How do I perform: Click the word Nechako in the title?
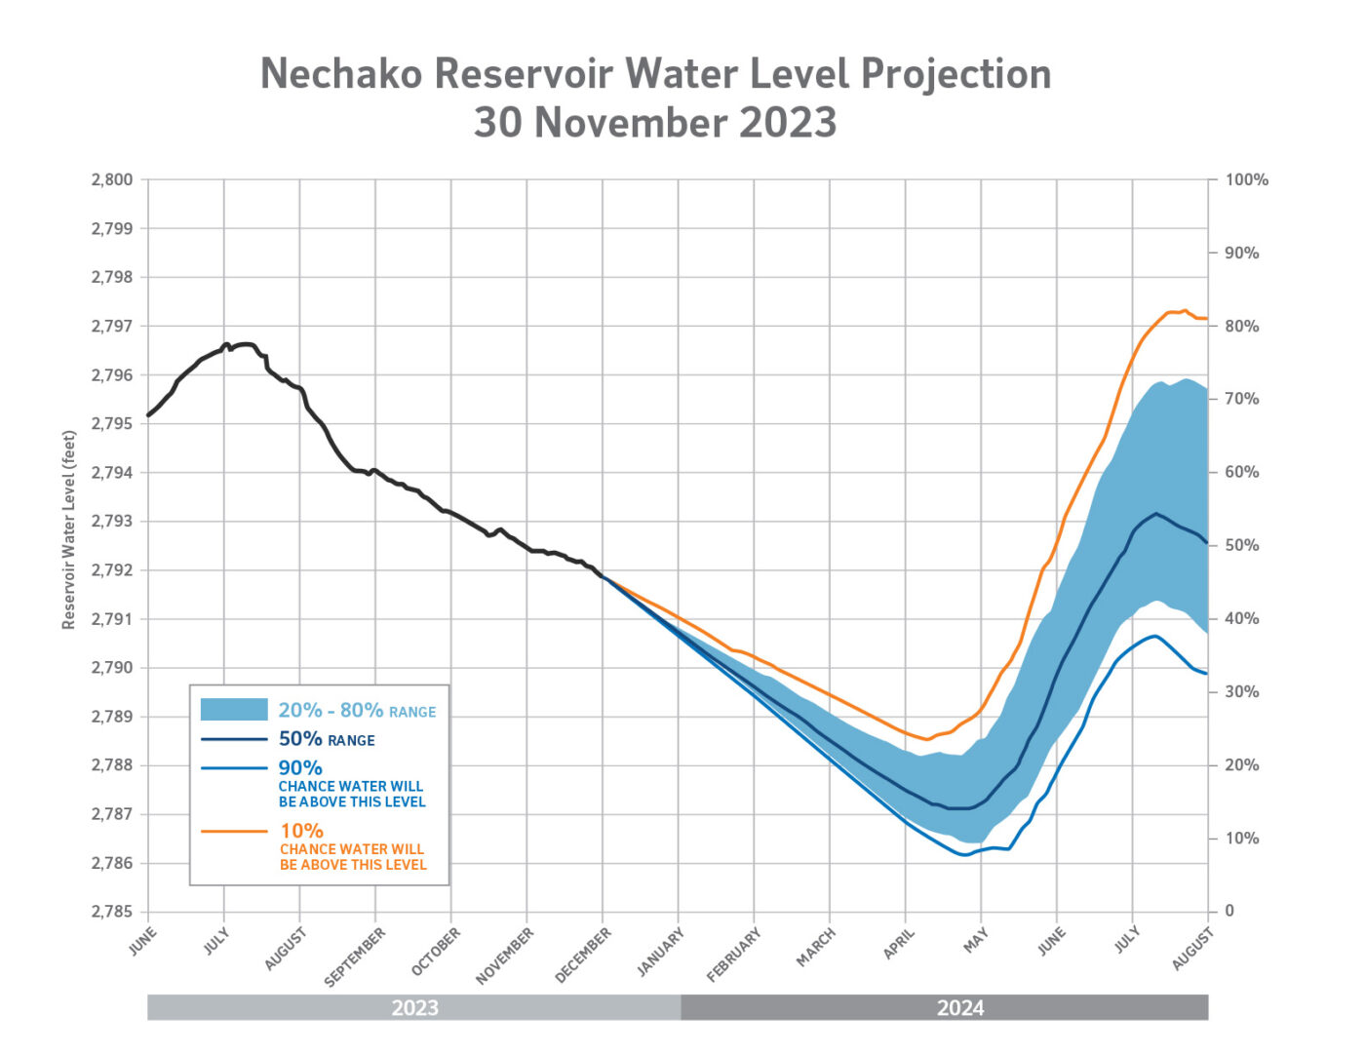pyautogui.click(x=340, y=74)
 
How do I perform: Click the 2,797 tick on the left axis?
pyautogui.click(x=112, y=326)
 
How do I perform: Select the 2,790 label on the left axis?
pyautogui.click(x=112, y=668)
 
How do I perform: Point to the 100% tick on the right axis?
pyautogui.click(x=1246, y=180)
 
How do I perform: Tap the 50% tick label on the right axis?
pyautogui.click(x=1241, y=546)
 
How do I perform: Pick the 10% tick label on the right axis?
pyautogui.click(x=1241, y=839)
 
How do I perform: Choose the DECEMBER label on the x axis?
pyautogui.click(x=583, y=955)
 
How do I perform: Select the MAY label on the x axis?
pyautogui.click(x=976, y=941)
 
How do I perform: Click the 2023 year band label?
pyautogui.click(x=414, y=1008)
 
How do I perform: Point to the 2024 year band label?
pyautogui.click(x=960, y=1008)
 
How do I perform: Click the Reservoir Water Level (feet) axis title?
pyautogui.click(x=69, y=529)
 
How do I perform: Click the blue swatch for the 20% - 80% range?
pyautogui.click(x=234, y=710)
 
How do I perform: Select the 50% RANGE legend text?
pyautogui.click(x=327, y=740)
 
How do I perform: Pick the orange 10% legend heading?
pyautogui.click(x=301, y=831)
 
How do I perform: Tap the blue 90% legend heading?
pyautogui.click(x=300, y=768)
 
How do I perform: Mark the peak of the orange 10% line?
pyautogui.click(x=1184, y=311)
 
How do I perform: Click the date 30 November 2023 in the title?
pyautogui.click(x=655, y=123)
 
